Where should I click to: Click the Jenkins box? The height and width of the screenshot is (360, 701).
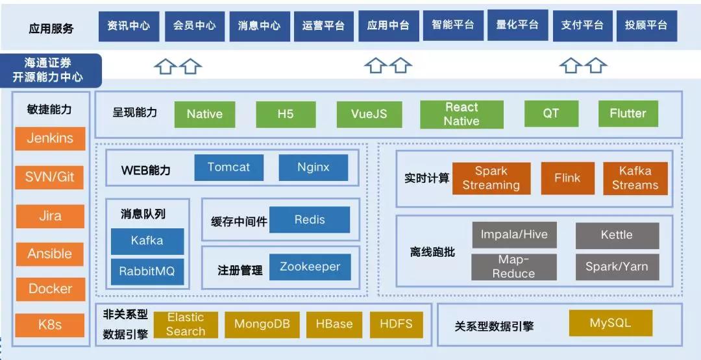(50, 138)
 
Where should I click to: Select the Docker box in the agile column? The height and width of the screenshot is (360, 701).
(51, 289)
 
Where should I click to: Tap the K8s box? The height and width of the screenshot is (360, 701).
(49, 325)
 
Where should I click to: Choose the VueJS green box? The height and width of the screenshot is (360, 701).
(369, 114)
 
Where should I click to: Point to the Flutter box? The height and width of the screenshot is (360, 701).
(628, 114)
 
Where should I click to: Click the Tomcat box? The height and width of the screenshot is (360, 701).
(229, 167)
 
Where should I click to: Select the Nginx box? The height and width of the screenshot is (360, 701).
(314, 167)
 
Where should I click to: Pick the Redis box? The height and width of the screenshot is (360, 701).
(310, 220)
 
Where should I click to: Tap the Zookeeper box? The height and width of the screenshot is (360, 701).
(310, 267)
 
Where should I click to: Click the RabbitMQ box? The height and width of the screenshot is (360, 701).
(147, 272)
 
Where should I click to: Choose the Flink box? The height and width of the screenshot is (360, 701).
(568, 178)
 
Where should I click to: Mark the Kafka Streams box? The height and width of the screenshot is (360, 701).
(635, 178)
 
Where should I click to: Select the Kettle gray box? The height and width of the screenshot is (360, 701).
(617, 235)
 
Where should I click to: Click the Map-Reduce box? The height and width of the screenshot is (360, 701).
(514, 267)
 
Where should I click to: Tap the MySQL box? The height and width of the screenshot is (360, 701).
(611, 324)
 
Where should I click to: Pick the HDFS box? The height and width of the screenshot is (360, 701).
(397, 325)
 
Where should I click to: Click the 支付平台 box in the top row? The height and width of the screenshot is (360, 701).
(582, 25)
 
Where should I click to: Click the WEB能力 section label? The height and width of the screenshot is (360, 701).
(146, 170)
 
